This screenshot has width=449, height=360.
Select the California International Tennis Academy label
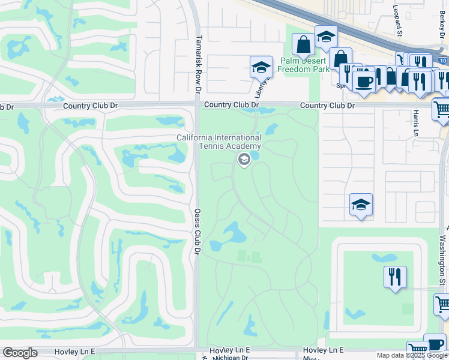(218, 142)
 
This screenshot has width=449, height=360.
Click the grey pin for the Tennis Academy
(244, 160)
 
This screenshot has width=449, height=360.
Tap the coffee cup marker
(364, 80)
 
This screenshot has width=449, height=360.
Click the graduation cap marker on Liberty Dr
(261, 67)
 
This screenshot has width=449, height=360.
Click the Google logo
(20, 353)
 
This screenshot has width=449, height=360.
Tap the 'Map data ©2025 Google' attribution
(412, 355)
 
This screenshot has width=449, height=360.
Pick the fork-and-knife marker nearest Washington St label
(395, 277)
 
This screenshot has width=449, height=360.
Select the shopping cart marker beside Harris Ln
(441, 109)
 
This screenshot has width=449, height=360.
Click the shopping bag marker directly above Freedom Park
(304, 44)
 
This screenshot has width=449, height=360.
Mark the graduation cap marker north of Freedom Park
(325, 37)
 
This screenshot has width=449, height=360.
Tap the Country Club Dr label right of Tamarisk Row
(231, 105)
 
